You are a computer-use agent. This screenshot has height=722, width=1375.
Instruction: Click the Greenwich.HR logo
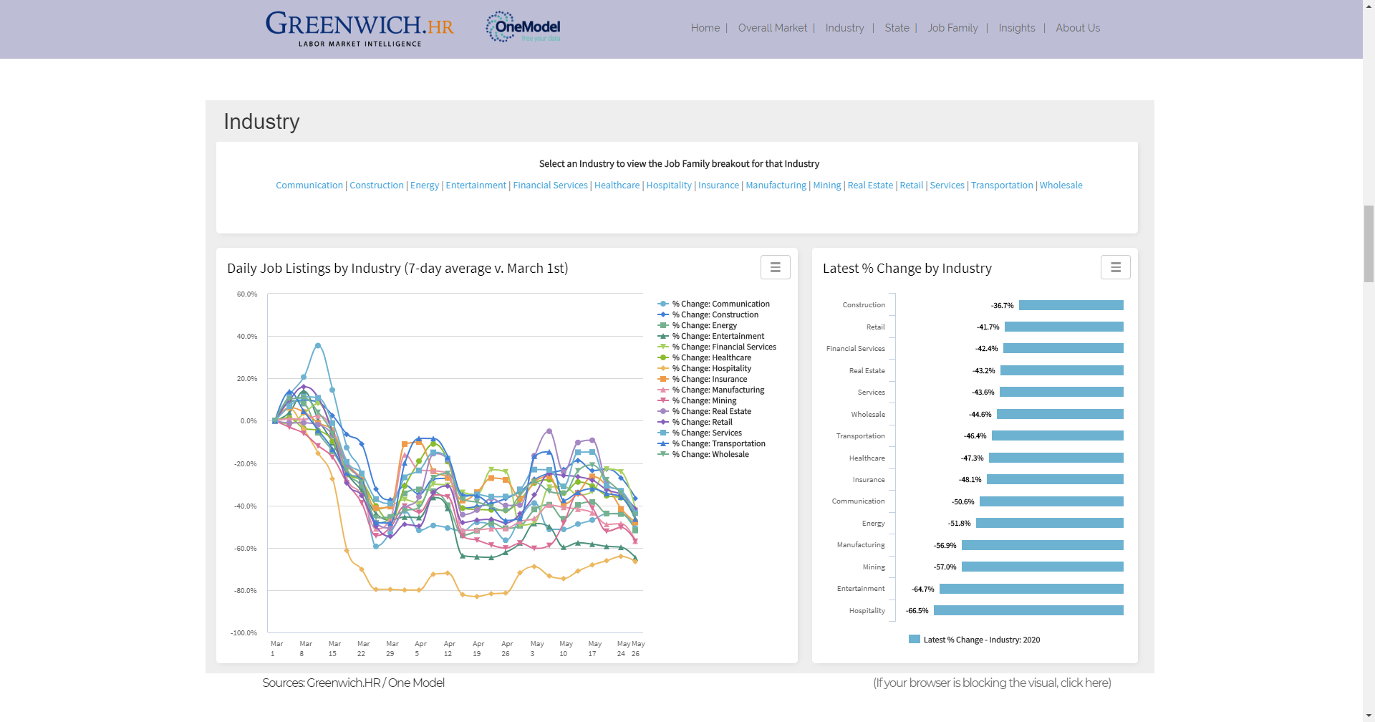pyautogui.click(x=360, y=29)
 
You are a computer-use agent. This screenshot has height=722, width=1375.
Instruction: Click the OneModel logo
pyautogui.click(x=524, y=27)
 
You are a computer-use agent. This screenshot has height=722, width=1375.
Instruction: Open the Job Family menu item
pyautogui.click(x=952, y=28)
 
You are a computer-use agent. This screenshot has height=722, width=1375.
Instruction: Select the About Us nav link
pyautogui.click(x=1077, y=28)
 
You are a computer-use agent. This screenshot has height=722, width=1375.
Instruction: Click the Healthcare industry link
pyautogui.click(x=617, y=186)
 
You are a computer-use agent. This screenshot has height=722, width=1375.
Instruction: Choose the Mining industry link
pyautogui.click(x=826, y=186)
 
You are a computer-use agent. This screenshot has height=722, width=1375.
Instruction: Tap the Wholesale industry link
pyautogui.click(x=1061, y=186)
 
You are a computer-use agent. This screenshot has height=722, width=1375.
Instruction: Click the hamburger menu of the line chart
pyautogui.click(x=775, y=267)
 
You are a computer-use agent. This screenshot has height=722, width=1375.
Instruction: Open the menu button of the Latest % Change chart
pyautogui.click(x=1115, y=267)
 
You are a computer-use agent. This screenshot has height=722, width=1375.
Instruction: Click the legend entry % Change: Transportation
pyautogui.click(x=718, y=444)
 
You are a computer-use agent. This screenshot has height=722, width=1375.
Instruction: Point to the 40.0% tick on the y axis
pyautogui.click(x=247, y=337)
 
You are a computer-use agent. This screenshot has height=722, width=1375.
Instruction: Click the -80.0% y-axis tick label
pyautogui.click(x=245, y=591)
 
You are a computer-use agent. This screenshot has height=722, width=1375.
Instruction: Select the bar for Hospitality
pyautogui.click(x=1028, y=611)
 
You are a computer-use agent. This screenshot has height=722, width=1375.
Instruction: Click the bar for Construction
pyautogui.click(x=1071, y=306)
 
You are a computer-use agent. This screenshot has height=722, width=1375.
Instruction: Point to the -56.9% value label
pyautogui.click(x=945, y=546)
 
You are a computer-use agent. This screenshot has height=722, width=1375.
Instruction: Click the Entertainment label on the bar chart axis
pyautogui.click(x=861, y=589)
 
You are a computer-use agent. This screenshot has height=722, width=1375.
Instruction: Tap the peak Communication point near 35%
pyautogui.click(x=318, y=346)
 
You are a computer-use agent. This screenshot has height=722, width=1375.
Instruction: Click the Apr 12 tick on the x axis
pyautogui.click(x=449, y=649)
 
